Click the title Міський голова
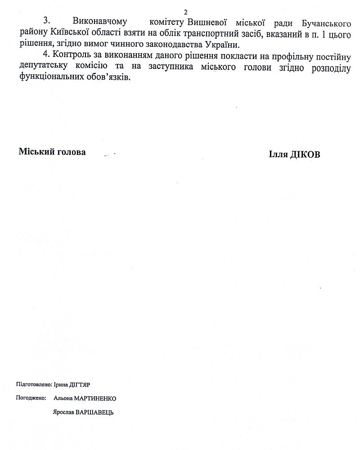click(52, 152)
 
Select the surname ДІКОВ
click(305, 153)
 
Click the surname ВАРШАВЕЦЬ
click(94, 412)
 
